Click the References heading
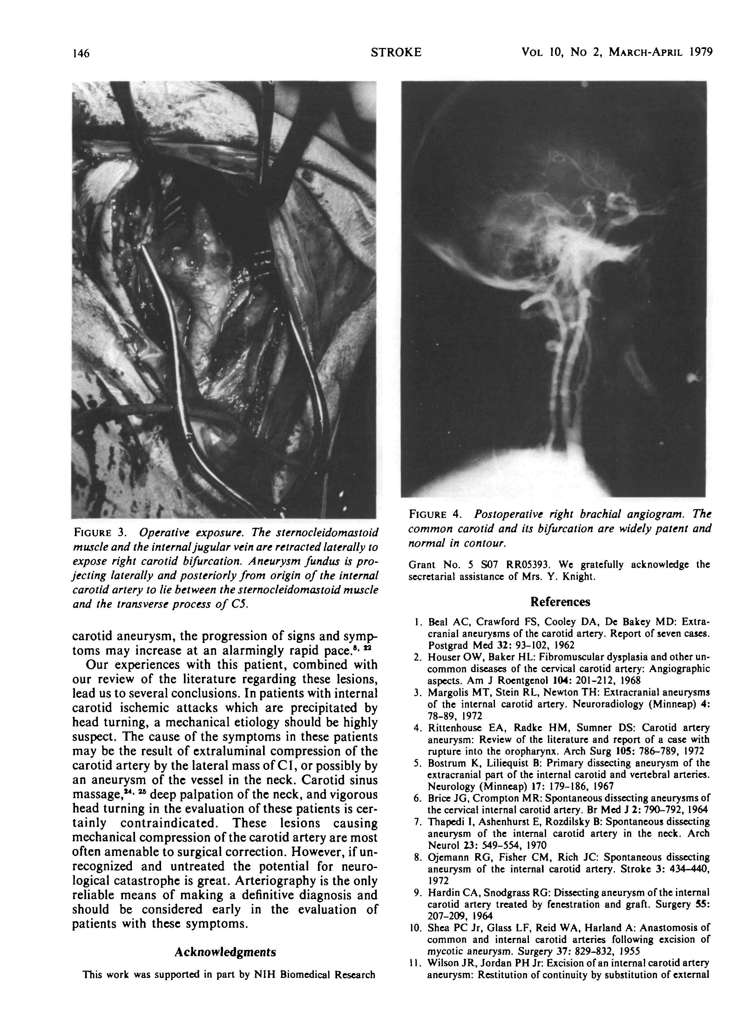pos(560,602)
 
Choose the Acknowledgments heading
pos(225,952)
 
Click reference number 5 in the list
pos(418,764)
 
